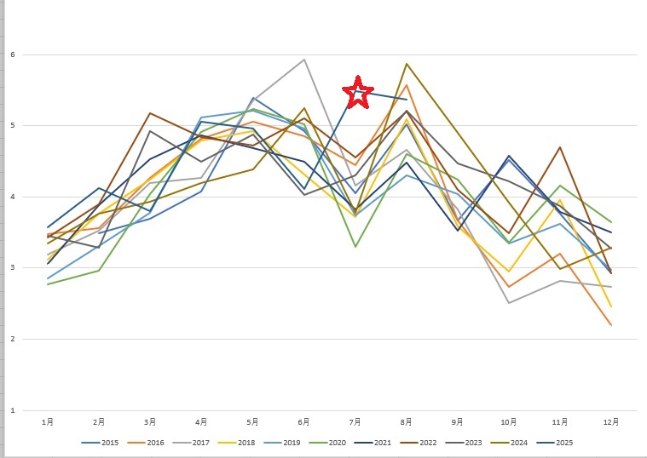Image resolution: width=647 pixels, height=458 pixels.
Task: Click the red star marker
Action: (358, 93)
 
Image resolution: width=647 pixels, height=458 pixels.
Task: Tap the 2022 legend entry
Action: (425, 442)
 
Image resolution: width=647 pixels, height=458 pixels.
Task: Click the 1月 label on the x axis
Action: (49, 421)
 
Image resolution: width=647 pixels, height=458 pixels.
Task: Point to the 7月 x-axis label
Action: (355, 421)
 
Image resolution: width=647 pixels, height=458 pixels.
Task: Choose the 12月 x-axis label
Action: (611, 421)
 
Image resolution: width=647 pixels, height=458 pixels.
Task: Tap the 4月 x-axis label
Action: (202, 421)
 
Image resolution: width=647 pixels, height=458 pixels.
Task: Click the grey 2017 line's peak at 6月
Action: (304, 60)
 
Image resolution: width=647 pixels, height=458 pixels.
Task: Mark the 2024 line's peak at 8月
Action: (407, 64)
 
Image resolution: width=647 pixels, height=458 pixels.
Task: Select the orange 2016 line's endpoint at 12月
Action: (611, 325)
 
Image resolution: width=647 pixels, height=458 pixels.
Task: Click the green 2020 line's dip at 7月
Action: (355, 247)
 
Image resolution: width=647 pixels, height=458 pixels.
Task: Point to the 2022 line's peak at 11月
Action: (560, 147)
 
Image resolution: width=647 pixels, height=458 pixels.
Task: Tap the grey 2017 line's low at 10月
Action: (509, 303)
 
